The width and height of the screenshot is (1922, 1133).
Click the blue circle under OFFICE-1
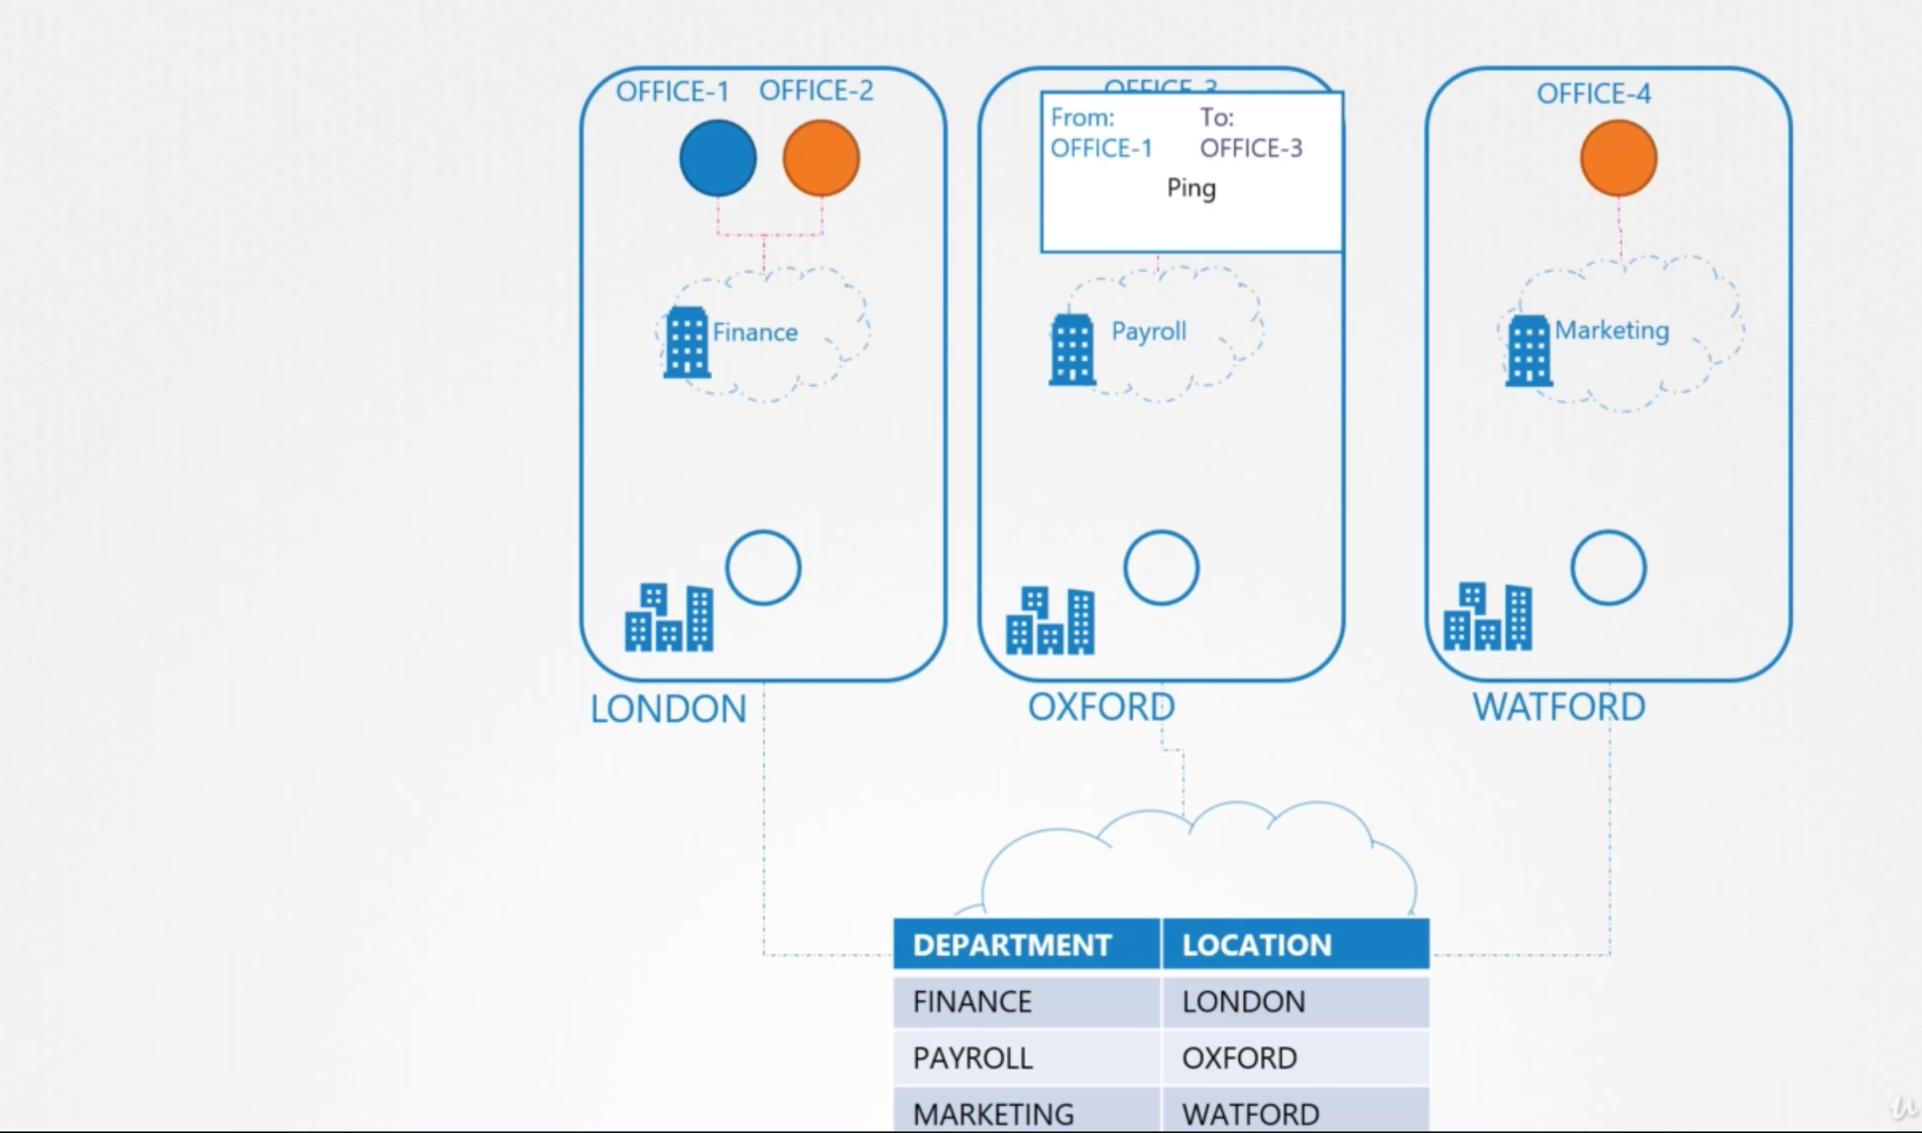point(717,158)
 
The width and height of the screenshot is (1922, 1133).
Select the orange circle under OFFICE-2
point(820,158)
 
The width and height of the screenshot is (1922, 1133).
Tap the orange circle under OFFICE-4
point(1618,158)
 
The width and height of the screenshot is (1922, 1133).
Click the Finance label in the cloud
point(754,332)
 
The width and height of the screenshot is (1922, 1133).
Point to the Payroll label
point(1148,331)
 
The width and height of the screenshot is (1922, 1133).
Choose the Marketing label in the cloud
point(1612,330)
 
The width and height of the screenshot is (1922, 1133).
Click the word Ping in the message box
point(1191,188)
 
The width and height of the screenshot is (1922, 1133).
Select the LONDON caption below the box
point(668,709)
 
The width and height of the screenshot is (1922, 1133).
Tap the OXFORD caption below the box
point(1101,707)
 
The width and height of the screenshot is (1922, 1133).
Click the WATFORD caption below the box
point(1559,707)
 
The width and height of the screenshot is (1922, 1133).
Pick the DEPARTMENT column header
point(1012,945)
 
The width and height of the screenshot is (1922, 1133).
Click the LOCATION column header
point(1257,945)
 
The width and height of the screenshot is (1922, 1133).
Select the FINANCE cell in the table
point(972,1002)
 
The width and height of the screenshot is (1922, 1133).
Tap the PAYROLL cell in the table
point(972,1058)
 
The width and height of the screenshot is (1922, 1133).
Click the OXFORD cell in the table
point(1239,1058)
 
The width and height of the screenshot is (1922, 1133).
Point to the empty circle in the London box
point(762,567)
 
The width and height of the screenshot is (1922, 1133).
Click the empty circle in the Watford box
point(1608,567)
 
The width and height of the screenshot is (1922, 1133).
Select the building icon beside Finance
point(686,342)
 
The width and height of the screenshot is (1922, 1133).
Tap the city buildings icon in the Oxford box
point(1049,620)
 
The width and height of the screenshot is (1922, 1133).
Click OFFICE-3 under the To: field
point(1251,148)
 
